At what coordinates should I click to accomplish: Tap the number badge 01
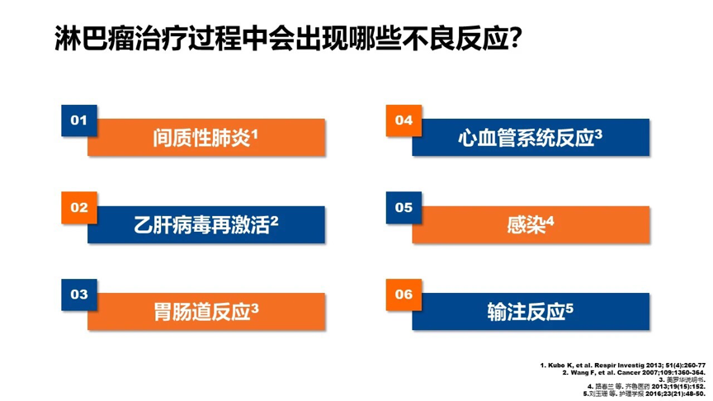pyautogui.click(x=79, y=120)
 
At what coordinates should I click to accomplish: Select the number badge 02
pyautogui.click(x=79, y=208)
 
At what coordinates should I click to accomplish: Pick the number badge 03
pyautogui.click(x=79, y=294)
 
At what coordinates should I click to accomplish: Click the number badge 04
pyautogui.click(x=404, y=120)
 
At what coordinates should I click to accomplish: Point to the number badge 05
pyautogui.click(x=404, y=208)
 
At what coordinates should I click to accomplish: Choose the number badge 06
pyautogui.click(x=404, y=294)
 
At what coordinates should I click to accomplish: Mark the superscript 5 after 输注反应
pyautogui.click(x=569, y=308)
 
